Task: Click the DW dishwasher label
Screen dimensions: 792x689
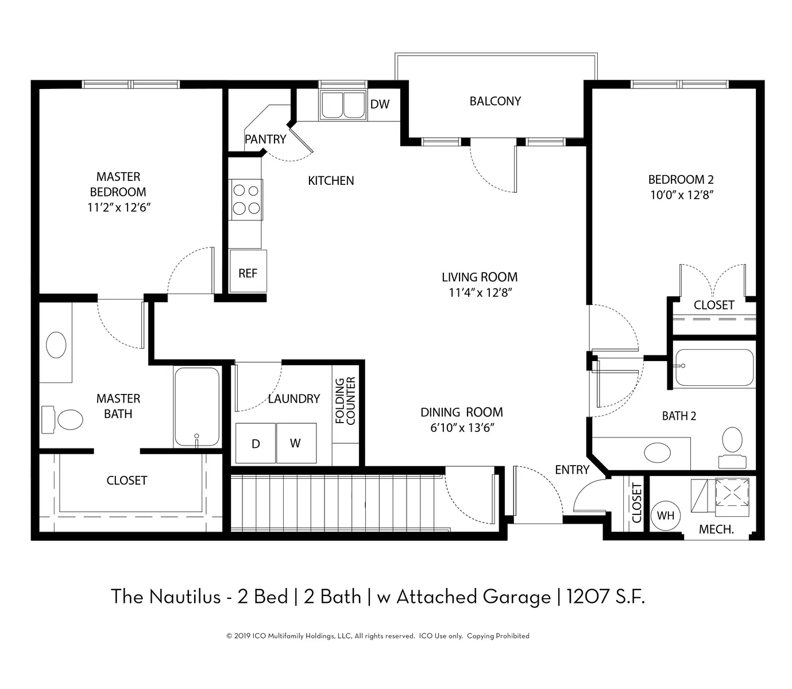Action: click(380, 104)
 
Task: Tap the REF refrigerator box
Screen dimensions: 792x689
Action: click(248, 271)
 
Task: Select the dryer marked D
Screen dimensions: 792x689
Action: click(256, 443)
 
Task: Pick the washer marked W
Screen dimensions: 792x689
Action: click(296, 443)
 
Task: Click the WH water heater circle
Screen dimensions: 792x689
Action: click(665, 515)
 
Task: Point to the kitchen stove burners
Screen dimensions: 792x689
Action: click(245, 200)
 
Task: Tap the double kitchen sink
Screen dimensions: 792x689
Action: click(343, 104)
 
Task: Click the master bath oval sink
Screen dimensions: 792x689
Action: click(56, 344)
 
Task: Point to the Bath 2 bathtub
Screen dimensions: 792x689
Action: click(714, 367)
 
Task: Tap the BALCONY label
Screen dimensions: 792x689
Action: click(495, 102)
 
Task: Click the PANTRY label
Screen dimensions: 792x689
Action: click(265, 139)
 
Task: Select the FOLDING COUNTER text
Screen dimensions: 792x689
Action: click(345, 401)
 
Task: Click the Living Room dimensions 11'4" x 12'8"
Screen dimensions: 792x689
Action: click(480, 293)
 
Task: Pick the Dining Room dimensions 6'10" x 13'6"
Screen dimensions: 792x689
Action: click(462, 428)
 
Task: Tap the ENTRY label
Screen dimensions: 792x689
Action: click(572, 470)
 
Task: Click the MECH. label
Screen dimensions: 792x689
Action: click(716, 529)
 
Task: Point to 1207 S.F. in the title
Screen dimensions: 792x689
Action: click(606, 597)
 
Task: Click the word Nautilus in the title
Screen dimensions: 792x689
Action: click(185, 597)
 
